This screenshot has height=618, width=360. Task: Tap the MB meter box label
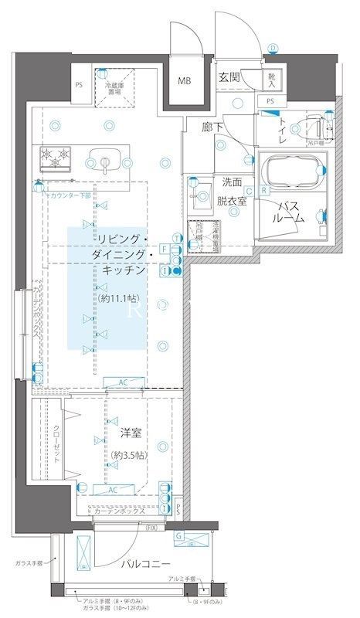186,81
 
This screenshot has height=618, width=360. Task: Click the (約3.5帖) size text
127,455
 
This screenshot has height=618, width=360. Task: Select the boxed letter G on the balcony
178,535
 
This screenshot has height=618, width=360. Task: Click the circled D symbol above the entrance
273,48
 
